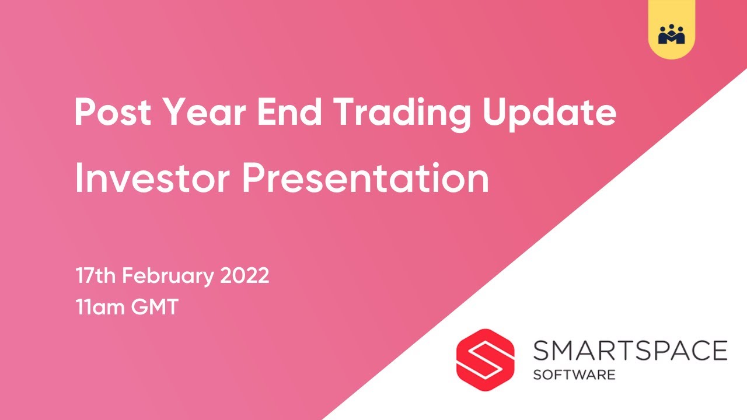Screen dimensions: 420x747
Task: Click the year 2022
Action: point(245,275)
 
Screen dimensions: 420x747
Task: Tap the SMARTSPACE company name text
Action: point(630,351)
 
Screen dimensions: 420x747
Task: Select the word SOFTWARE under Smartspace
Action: point(574,374)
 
